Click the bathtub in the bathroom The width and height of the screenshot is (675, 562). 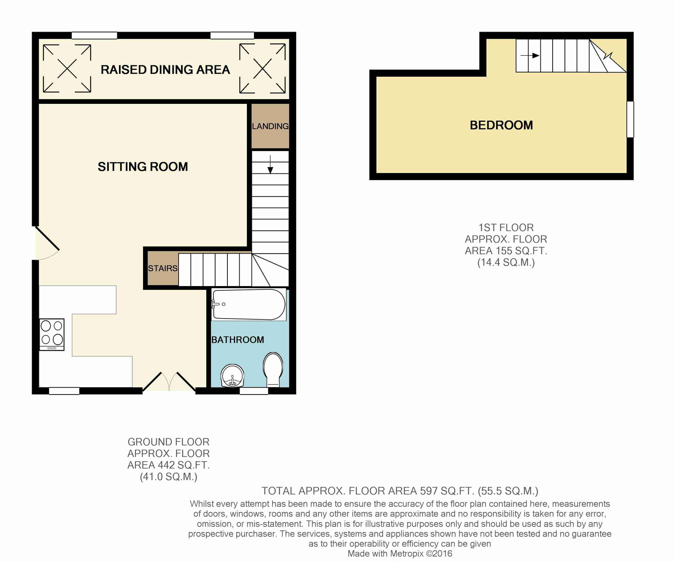pyautogui.click(x=249, y=304)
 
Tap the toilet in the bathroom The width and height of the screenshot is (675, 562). pyautogui.click(x=273, y=370)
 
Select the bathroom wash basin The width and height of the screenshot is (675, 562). pyautogui.click(x=232, y=376)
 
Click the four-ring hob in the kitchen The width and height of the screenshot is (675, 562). pyautogui.click(x=52, y=334)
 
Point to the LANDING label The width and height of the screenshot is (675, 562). pyautogui.click(x=270, y=126)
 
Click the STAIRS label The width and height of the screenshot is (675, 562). pyautogui.click(x=163, y=268)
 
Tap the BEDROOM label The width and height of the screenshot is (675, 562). pyautogui.click(x=502, y=125)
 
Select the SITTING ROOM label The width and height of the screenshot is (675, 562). pyautogui.click(x=143, y=167)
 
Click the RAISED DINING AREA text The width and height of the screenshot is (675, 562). pyautogui.click(x=165, y=70)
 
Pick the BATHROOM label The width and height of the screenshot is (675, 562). pyautogui.click(x=238, y=340)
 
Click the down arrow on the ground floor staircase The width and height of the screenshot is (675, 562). pyautogui.click(x=270, y=165)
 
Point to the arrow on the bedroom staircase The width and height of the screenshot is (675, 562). pyautogui.click(x=530, y=55)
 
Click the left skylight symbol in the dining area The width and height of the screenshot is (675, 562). pyautogui.click(x=67, y=68)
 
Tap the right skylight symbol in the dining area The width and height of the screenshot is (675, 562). pyautogui.click(x=262, y=68)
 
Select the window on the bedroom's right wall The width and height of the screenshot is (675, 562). pyautogui.click(x=630, y=119)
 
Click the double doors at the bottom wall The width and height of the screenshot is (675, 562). pyautogui.click(x=169, y=381)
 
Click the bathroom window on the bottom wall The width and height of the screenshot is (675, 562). pyautogui.click(x=254, y=391)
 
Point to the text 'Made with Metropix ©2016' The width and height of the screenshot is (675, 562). pyautogui.click(x=400, y=554)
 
